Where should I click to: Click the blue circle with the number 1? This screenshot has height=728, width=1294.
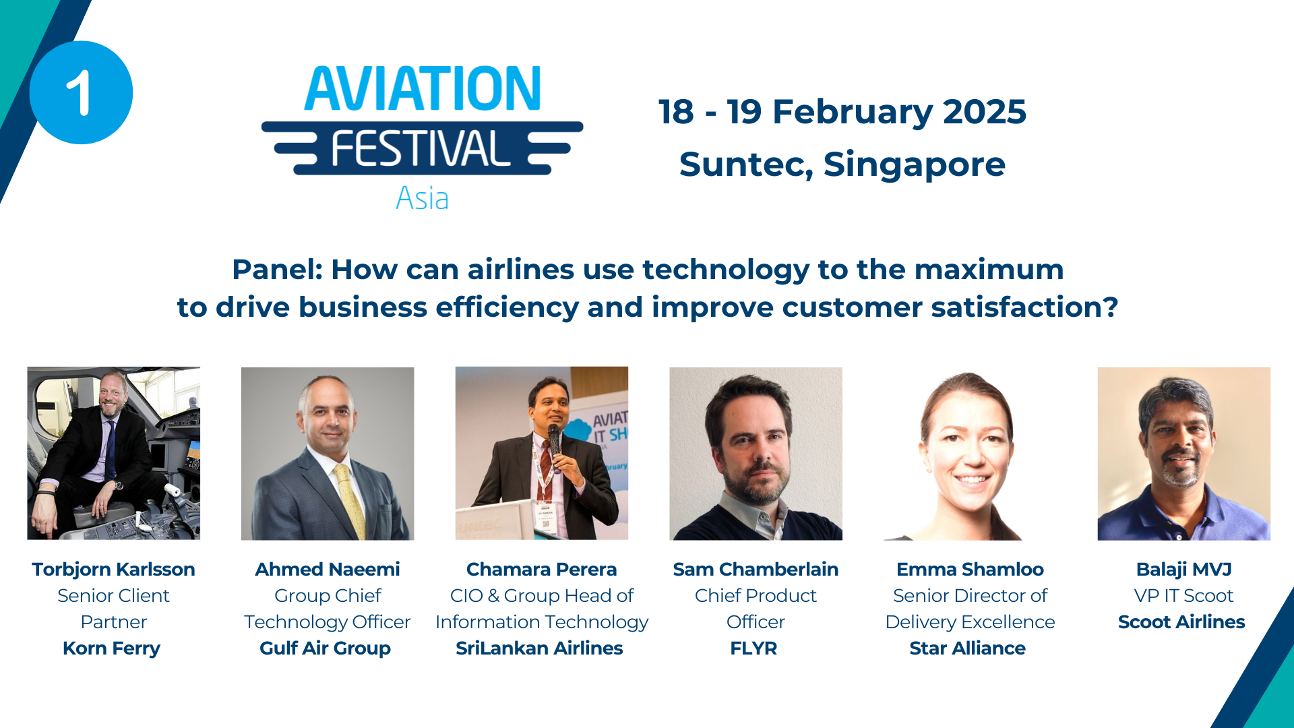click(x=81, y=92)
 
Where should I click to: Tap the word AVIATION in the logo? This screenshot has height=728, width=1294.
click(x=423, y=88)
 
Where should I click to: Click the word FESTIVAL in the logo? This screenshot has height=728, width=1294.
click(x=421, y=149)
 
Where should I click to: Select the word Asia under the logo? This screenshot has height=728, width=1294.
click(x=422, y=198)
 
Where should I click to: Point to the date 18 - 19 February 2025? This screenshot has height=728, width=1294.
click(x=842, y=112)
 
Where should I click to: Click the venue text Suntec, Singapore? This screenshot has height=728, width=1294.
click(x=842, y=165)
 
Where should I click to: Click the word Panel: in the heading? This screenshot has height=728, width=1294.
click(x=277, y=270)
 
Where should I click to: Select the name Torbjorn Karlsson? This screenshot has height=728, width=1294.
click(x=113, y=570)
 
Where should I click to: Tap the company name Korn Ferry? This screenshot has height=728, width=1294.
click(x=112, y=648)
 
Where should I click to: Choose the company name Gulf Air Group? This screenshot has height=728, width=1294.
click(x=326, y=648)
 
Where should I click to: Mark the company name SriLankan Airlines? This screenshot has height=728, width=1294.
click(x=539, y=648)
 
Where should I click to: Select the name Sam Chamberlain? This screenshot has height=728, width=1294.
click(x=756, y=570)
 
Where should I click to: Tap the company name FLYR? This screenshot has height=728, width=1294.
click(x=753, y=648)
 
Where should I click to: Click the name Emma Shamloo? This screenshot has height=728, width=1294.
click(x=970, y=570)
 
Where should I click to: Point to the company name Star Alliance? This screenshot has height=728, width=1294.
click(x=968, y=648)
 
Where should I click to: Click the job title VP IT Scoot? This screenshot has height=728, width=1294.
click(x=1183, y=596)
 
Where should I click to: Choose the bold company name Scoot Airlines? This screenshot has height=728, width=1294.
click(x=1181, y=622)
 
